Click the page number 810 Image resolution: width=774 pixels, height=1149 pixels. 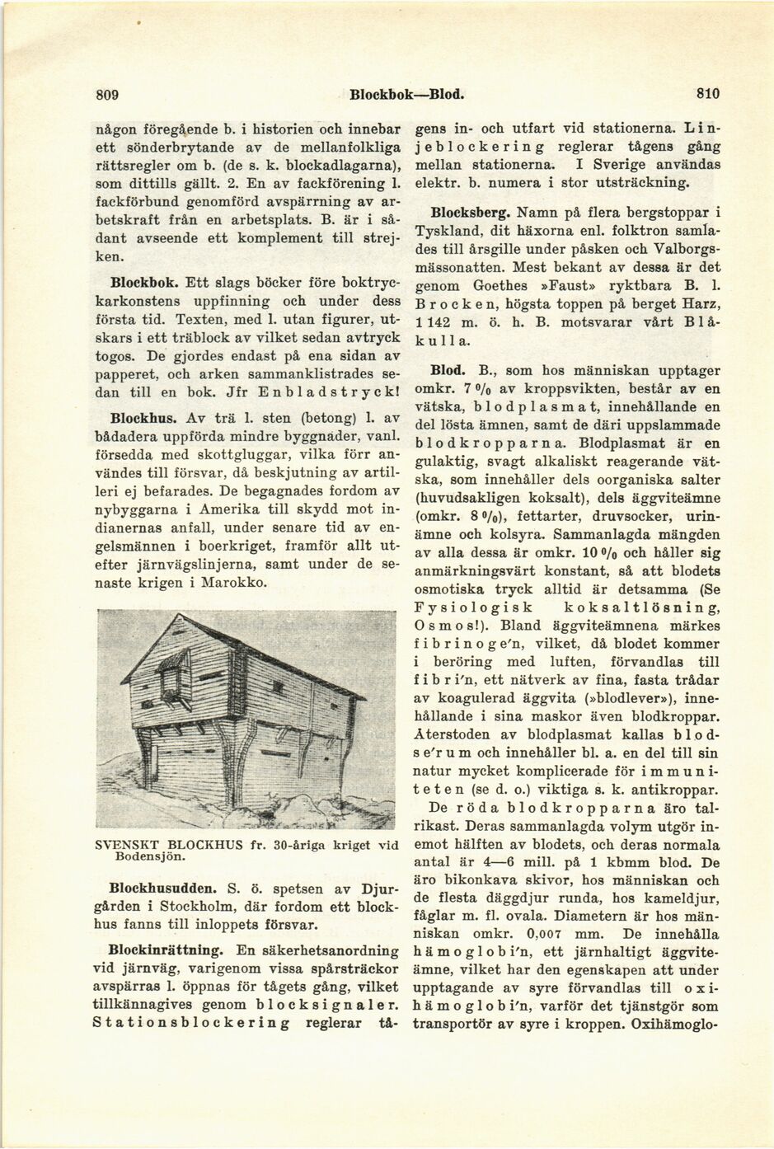pyautogui.click(x=707, y=94)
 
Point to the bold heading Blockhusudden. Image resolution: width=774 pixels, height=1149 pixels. pyautogui.click(x=160, y=889)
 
